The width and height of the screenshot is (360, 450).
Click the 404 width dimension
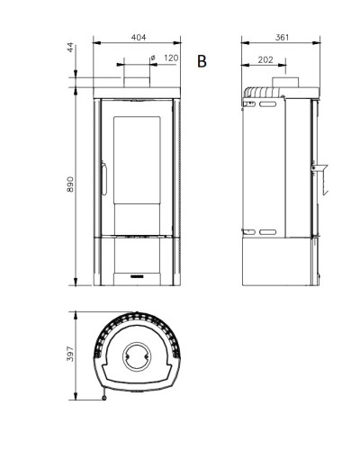click(139, 38)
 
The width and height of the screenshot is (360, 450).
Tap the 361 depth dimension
click(282, 38)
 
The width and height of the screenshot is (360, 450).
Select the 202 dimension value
click(265, 60)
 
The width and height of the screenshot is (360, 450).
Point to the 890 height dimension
click(70, 184)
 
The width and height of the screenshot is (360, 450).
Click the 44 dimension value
click(70, 48)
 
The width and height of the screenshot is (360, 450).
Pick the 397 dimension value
click(70, 354)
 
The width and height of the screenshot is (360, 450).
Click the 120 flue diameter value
click(171, 58)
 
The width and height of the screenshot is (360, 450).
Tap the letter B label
click(202, 61)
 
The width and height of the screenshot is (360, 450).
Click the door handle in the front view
click(104, 178)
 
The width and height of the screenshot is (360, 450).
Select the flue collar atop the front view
click(137, 82)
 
